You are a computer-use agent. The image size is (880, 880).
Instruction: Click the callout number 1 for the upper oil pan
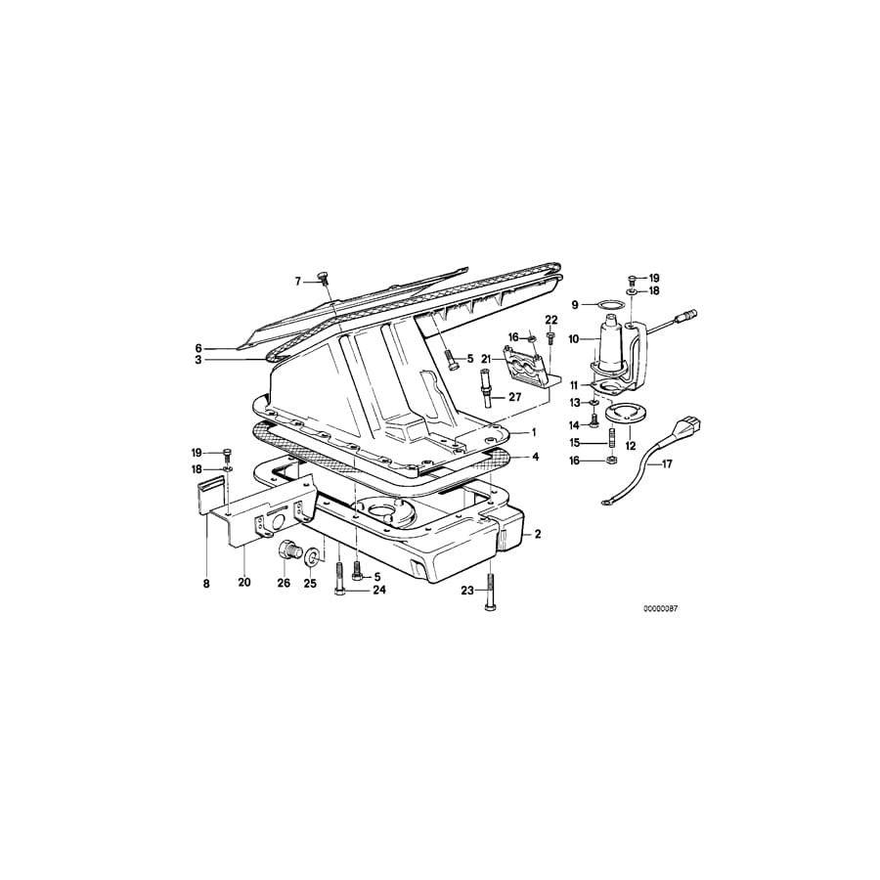535,431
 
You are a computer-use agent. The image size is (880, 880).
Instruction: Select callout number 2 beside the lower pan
537,535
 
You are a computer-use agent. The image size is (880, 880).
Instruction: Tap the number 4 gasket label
535,457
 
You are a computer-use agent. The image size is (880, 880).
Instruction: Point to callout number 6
198,347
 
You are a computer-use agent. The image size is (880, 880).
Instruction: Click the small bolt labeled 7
323,281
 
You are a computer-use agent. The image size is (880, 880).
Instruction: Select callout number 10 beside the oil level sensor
576,338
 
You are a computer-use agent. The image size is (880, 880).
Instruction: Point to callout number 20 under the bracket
244,583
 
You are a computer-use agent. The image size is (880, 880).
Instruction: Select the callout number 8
206,583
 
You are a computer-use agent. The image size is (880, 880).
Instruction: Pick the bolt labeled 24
338,571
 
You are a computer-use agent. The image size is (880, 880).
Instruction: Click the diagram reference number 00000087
659,608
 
